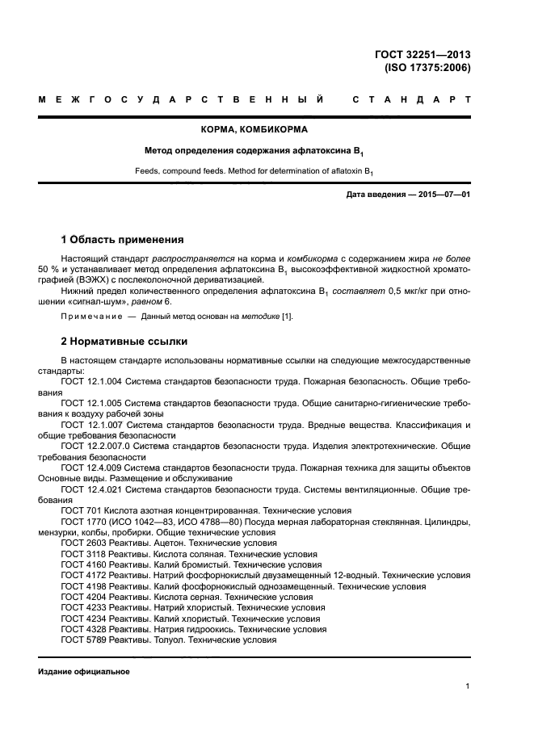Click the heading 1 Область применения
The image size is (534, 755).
click(x=122, y=240)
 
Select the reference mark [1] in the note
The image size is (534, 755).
click(x=286, y=317)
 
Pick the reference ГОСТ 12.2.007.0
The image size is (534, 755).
click(x=95, y=446)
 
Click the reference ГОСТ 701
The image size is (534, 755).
click(x=78, y=511)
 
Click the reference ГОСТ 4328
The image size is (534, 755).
click(x=83, y=629)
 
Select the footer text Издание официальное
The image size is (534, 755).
click(x=84, y=672)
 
